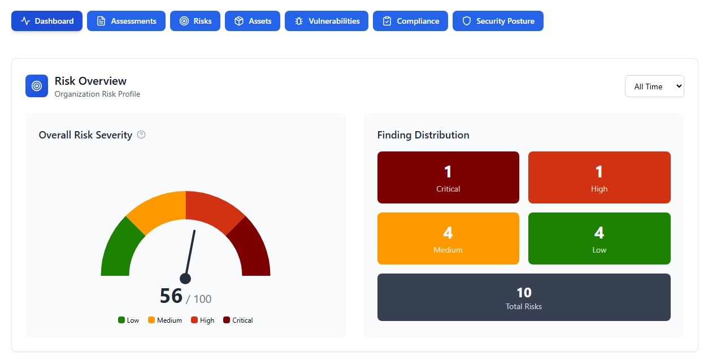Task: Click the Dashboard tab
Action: [47, 21]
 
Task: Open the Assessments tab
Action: [126, 21]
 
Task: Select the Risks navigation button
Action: [195, 21]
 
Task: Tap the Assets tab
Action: [253, 21]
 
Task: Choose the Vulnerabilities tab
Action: [327, 21]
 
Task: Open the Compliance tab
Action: [410, 21]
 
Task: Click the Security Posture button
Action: [498, 21]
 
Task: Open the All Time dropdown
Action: [654, 86]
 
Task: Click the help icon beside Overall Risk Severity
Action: [141, 135]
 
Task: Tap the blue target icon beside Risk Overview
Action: [37, 86]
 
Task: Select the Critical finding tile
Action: [448, 177]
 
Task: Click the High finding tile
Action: [599, 177]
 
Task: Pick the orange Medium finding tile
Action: [448, 238]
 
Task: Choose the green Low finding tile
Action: [599, 238]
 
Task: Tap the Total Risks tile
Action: [524, 297]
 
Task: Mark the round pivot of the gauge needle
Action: [185, 279]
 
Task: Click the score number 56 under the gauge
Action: [171, 296]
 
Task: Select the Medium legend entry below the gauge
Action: [164, 320]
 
